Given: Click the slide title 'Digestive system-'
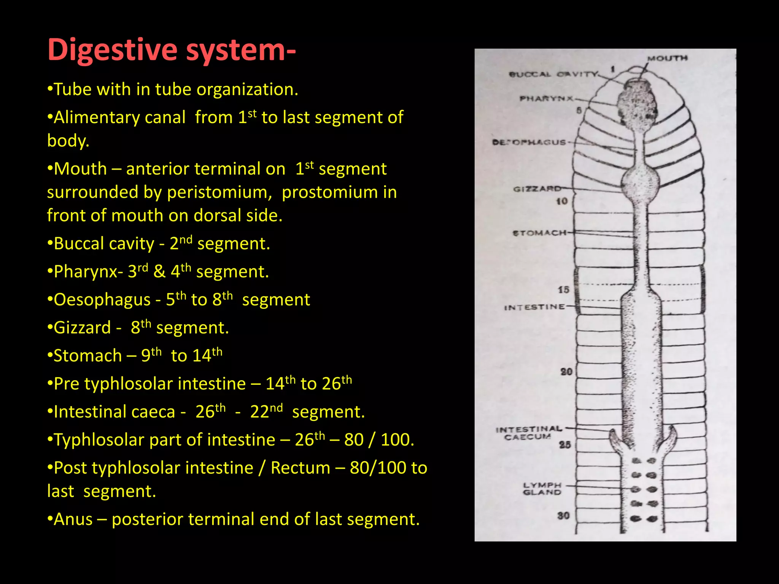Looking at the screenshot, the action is [171, 50].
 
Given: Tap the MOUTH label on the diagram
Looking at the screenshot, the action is [668, 58].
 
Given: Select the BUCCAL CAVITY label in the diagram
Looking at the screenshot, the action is [553, 74].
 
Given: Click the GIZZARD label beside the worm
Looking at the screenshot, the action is [537, 189].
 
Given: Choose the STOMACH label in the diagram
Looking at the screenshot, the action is [539, 233].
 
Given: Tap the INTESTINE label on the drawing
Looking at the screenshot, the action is [534, 307].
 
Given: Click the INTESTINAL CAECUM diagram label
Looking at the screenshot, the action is [529, 433].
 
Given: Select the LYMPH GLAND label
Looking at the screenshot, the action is [542, 489].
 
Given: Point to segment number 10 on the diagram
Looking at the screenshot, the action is [562, 202].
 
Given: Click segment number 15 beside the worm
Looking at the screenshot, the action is [563, 290].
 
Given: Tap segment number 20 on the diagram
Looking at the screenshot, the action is [566, 371].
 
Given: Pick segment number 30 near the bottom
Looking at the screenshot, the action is [563, 516].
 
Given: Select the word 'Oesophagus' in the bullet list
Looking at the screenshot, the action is [102, 300].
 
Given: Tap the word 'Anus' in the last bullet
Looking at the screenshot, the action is [73, 519].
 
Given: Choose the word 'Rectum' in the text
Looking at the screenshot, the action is [300, 468].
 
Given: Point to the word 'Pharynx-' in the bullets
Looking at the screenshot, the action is [88, 272].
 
